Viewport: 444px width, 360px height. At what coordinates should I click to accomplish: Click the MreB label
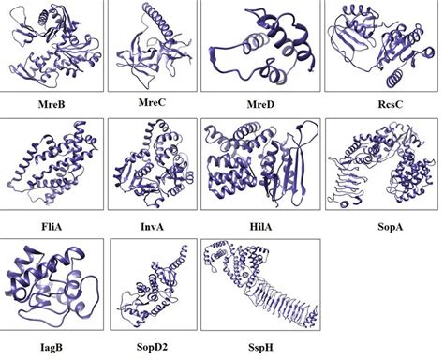pos(52,104)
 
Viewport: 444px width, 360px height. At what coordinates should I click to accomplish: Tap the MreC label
pos(152,102)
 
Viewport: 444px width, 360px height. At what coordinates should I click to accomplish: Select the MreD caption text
pos(260,104)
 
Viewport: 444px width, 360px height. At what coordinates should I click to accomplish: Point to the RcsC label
pos(390,104)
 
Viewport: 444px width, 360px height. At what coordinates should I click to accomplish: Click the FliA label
pos(52,226)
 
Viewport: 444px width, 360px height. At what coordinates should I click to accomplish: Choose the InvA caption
pos(152,226)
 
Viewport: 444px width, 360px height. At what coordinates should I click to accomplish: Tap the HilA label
pos(260,226)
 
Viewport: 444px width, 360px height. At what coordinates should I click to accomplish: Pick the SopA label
pos(390,226)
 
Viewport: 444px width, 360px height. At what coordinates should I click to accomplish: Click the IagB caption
pos(52,347)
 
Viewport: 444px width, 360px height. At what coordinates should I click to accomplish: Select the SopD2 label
pos(152,347)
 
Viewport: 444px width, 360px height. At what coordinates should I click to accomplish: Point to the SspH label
pos(260,347)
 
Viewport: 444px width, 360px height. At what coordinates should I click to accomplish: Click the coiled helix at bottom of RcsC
pos(394,78)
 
